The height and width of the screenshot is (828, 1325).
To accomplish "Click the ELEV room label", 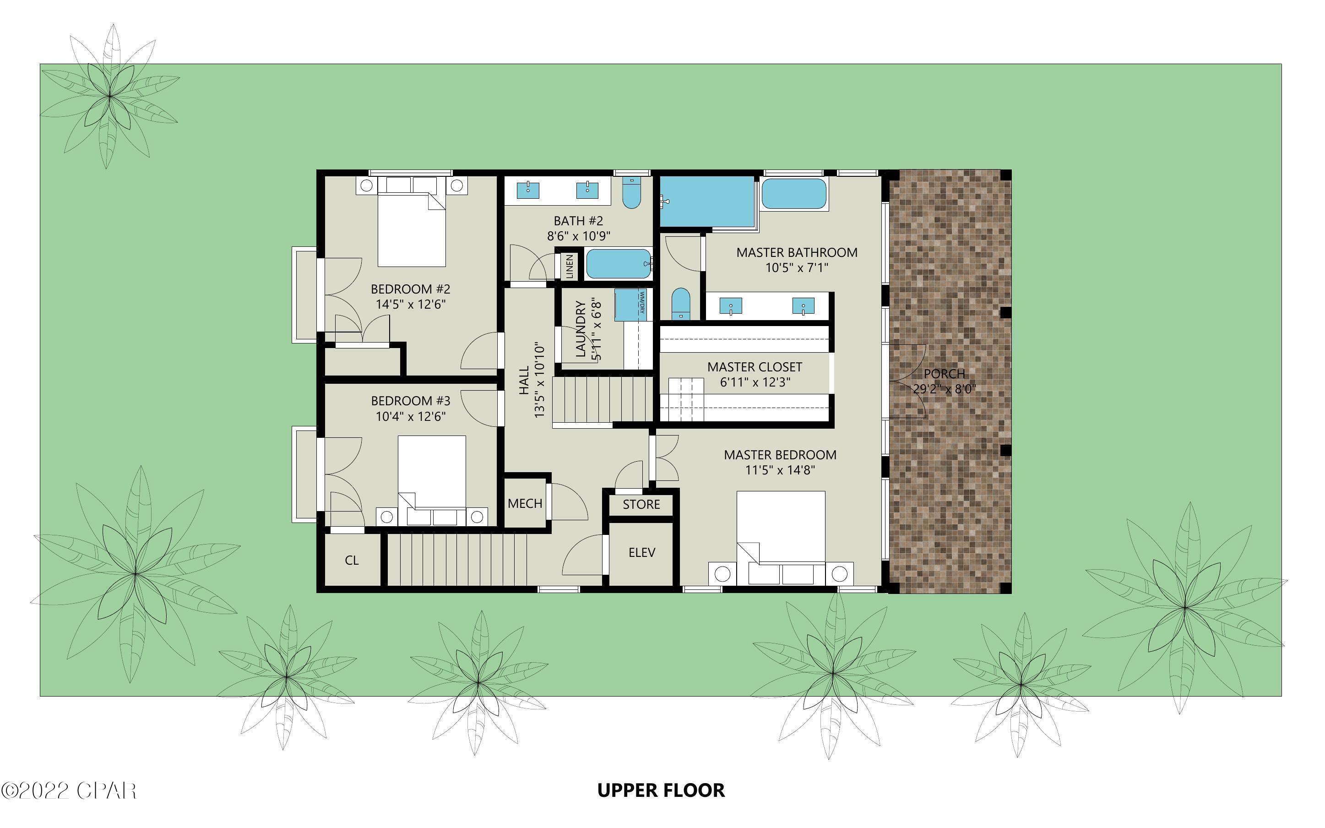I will click(x=641, y=553).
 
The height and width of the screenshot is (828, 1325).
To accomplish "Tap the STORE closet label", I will click(x=641, y=504).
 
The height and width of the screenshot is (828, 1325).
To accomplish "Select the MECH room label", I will click(x=525, y=503).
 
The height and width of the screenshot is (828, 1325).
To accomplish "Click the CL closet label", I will click(x=351, y=560).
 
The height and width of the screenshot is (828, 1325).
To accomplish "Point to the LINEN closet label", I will click(x=570, y=266).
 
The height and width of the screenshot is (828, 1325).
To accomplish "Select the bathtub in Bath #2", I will click(x=619, y=264).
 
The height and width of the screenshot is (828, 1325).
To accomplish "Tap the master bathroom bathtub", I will click(x=793, y=194).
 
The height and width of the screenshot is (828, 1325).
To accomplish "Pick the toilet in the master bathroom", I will click(x=681, y=304).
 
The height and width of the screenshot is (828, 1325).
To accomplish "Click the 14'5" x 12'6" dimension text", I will click(x=411, y=305).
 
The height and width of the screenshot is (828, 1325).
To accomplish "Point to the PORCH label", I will click(x=944, y=374).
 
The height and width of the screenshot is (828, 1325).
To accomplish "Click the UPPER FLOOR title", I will click(x=661, y=790).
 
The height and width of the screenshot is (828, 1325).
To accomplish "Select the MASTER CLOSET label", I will click(x=754, y=367).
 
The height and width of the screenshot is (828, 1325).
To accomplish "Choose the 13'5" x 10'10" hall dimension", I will click(x=540, y=381).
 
